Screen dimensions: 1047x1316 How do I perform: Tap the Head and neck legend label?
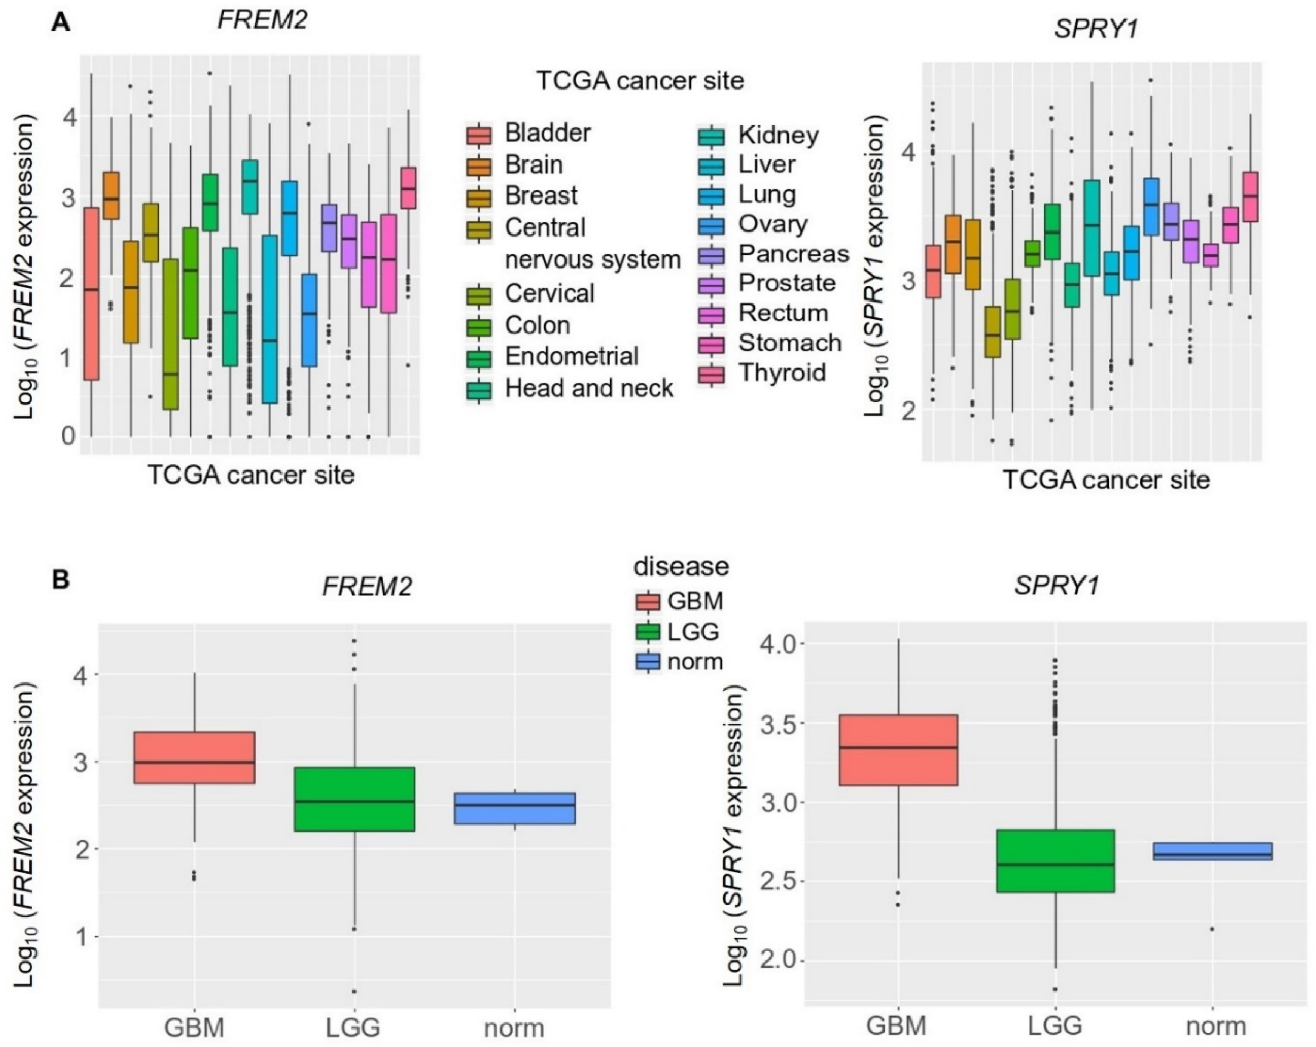[x=588, y=388]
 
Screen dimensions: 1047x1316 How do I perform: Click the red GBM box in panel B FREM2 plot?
[x=194, y=757]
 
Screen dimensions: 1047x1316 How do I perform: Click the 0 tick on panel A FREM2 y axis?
[x=68, y=436]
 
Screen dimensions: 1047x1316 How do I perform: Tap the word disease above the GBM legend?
[x=681, y=566]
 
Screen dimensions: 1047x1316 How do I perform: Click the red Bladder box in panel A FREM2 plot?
[x=91, y=293]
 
